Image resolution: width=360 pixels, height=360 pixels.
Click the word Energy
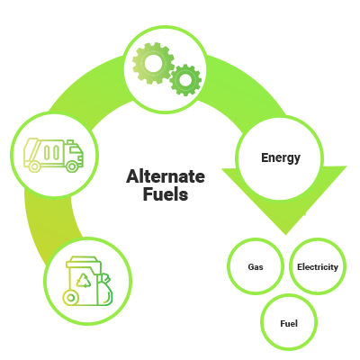tap(281, 157)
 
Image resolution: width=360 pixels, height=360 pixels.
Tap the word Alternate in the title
tap(166, 176)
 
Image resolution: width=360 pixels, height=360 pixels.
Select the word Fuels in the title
tap(166, 193)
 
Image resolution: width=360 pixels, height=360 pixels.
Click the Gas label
tap(256, 266)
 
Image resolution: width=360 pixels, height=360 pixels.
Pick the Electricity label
tap(318, 266)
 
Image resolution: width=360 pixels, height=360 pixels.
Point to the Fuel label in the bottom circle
tap(289, 323)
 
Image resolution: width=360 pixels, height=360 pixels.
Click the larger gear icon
tap(153, 63)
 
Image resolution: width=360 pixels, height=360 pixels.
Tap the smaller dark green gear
tap(185, 80)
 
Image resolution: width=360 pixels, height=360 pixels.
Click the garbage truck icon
tap(53, 155)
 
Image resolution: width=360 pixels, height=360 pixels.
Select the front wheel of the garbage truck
tap(72, 166)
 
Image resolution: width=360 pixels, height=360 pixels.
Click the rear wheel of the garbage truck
tap(34, 166)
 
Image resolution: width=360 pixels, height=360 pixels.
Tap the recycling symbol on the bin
tap(84, 281)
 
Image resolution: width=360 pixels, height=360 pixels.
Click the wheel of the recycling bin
tap(71, 298)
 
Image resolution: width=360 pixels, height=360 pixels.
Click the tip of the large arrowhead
tap(286, 235)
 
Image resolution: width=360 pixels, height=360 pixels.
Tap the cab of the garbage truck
tap(74, 152)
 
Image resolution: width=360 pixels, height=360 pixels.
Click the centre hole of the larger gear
tap(153, 63)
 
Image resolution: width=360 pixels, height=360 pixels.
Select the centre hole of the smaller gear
tap(185, 80)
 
